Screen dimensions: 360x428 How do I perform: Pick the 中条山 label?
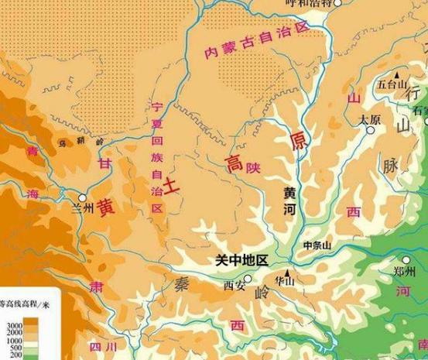pyautogui.click(x=317, y=245)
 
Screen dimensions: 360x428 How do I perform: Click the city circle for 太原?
pyautogui.click(x=372, y=129)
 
